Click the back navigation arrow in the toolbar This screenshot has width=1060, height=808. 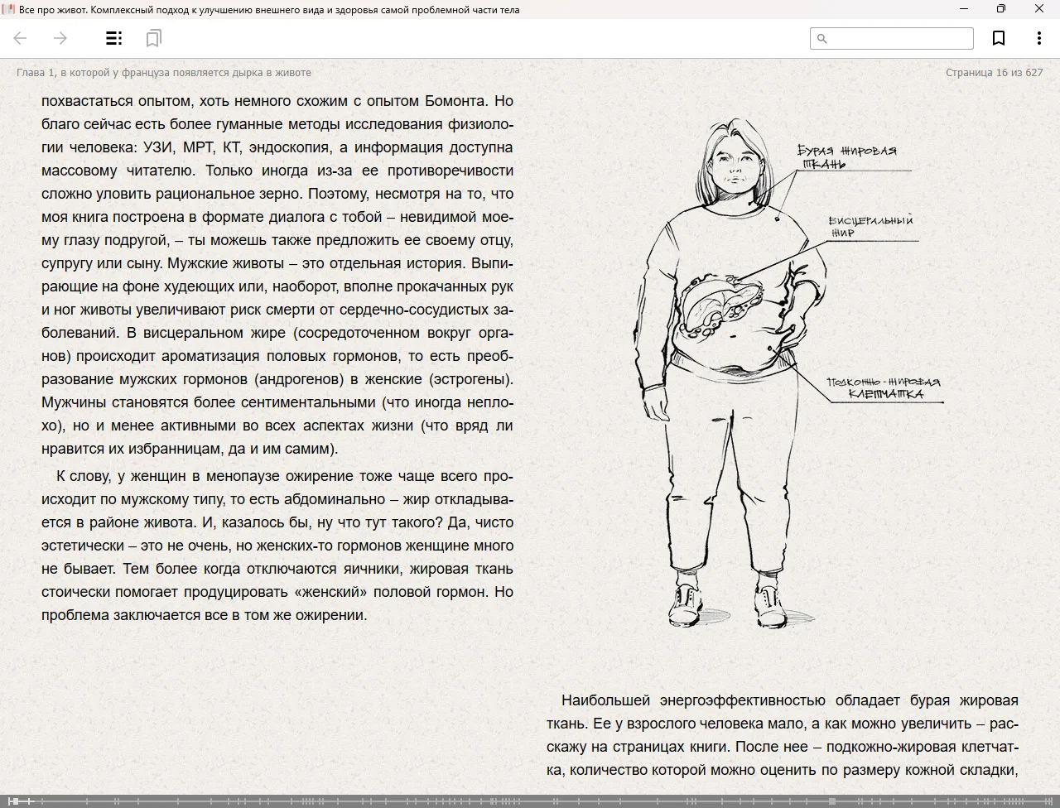21,38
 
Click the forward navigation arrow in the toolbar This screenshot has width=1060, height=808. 60,38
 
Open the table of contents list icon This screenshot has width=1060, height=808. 114,38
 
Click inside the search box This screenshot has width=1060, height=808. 899,38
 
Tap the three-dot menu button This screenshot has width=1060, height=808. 1038,38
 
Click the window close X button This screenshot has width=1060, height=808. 1039,9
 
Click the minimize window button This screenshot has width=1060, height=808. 964,9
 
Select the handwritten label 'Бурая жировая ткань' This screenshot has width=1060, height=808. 846,156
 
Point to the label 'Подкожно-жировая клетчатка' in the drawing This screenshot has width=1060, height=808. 884,388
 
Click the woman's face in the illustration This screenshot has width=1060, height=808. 732,166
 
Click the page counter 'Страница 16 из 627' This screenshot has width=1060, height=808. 994,73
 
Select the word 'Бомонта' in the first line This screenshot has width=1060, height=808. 457,101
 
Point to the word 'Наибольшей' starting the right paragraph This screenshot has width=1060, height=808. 604,700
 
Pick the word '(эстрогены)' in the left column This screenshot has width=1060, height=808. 470,379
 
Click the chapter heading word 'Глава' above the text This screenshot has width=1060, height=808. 31,73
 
